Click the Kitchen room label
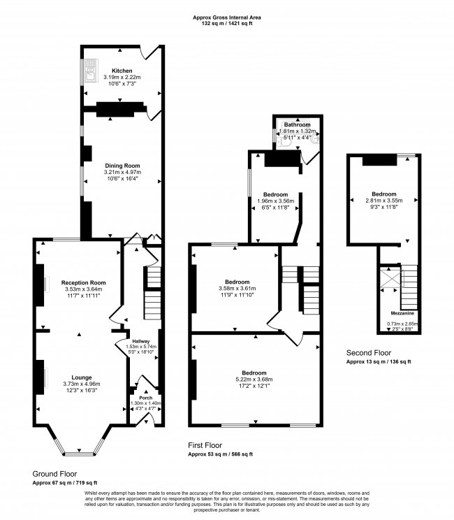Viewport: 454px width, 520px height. click(122, 71)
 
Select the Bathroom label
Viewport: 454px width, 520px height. click(297, 124)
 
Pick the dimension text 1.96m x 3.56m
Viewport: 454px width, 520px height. click(274, 201)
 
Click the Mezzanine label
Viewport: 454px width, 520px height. click(402, 314)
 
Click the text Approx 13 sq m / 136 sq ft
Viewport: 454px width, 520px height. click(379, 362)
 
